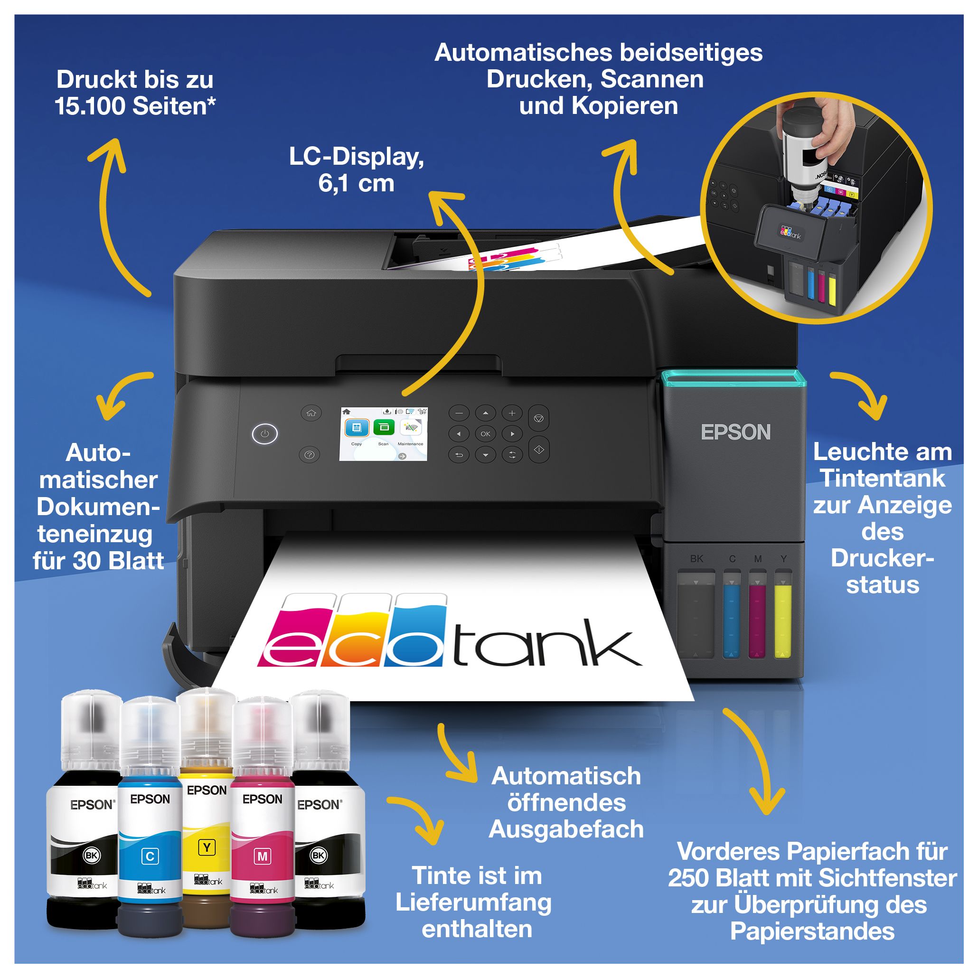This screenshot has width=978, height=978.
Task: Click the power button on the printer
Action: click(x=265, y=434)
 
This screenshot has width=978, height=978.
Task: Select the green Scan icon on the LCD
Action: click(x=384, y=428)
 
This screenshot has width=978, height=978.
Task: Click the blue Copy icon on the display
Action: click(x=357, y=428)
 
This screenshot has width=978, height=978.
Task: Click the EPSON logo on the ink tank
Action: click(x=735, y=433)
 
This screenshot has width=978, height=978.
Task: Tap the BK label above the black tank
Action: click(x=696, y=558)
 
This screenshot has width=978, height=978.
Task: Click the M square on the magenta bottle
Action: click(x=262, y=856)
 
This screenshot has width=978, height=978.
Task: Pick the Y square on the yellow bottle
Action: click(x=207, y=847)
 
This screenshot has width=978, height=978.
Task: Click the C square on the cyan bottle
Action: click(x=150, y=856)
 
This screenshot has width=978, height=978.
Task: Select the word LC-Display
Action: click(x=357, y=157)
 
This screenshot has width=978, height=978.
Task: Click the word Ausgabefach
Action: click(x=566, y=829)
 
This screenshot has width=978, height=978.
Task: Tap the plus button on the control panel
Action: click(x=512, y=413)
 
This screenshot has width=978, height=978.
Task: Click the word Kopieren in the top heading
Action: click(x=625, y=106)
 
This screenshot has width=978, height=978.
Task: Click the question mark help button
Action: click(x=310, y=454)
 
